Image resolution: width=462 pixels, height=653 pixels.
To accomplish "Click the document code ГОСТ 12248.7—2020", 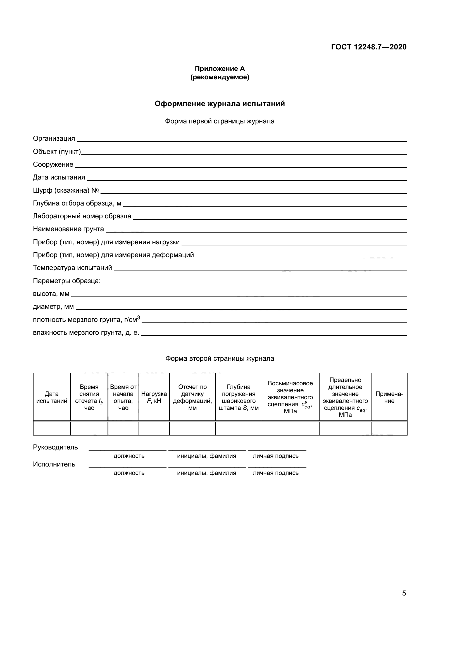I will click(x=369, y=47).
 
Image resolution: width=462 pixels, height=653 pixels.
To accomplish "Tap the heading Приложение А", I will click(x=220, y=69).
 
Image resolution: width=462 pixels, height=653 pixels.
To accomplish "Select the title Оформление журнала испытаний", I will click(x=220, y=104).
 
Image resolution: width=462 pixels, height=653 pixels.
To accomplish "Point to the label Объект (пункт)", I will click(x=57, y=152).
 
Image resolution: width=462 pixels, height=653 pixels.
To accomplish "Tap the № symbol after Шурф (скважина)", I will click(x=95, y=190).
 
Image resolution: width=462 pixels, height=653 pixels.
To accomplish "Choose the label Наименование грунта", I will click(x=68, y=229).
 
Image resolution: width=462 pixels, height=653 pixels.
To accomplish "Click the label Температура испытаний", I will click(x=73, y=268).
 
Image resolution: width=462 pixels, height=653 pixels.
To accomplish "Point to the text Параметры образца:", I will click(x=67, y=281).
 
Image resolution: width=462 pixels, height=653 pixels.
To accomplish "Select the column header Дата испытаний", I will click(x=52, y=397).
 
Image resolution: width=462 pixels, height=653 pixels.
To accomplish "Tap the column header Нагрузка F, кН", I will click(x=154, y=397).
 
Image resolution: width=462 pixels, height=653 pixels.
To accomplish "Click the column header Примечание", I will click(x=389, y=397).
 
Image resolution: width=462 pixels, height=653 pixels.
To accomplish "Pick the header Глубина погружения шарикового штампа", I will click(x=239, y=397).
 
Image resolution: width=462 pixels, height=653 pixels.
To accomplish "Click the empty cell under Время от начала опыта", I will click(x=123, y=429).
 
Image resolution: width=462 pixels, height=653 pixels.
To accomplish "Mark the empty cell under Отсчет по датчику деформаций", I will click(x=193, y=429).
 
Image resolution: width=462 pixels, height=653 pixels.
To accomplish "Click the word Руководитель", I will click(x=56, y=447).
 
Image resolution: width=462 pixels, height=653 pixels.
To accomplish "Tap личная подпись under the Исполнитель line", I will click(x=276, y=473).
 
